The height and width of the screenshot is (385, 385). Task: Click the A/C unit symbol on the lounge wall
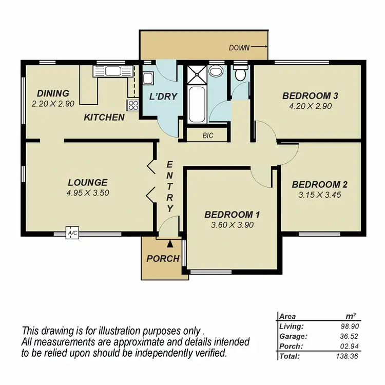click(72, 234)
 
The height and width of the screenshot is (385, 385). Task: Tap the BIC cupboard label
click(207, 136)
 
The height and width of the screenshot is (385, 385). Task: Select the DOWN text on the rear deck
click(239, 48)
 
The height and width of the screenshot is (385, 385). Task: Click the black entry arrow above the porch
click(170, 235)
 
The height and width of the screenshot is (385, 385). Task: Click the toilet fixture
click(240, 74)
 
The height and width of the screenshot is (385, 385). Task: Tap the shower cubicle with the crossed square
click(195, 75)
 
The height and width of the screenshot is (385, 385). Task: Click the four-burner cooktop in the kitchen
click(133, 106)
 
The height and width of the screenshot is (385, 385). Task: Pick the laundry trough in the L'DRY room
click(148, 79)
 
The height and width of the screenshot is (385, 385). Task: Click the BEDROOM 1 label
click(228, 215)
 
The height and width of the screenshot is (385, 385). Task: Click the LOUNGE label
click(87, 182)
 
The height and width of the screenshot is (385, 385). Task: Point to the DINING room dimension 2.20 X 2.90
click(53, 103)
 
